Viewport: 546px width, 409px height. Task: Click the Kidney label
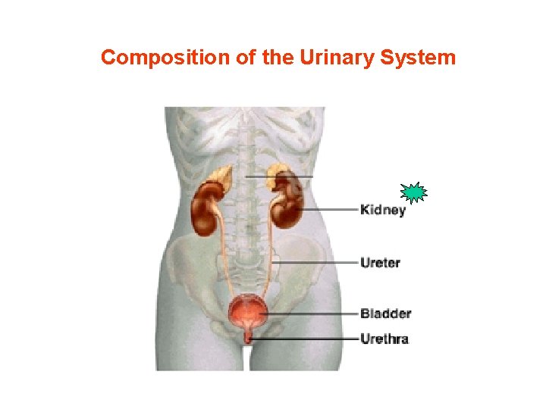(383, 210)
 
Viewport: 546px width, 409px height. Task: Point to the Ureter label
(381, 263)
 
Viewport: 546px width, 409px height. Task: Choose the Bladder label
(385, 313)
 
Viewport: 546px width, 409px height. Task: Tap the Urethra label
(384, 339)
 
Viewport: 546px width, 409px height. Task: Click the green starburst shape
(413, 194)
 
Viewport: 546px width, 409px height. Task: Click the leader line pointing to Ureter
(318, 263)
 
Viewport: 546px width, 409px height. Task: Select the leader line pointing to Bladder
(311, 313)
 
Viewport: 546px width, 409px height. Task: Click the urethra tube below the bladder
(248, 335)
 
